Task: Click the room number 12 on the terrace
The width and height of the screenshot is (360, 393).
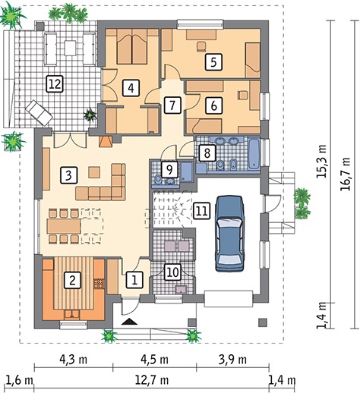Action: tap(55, 84)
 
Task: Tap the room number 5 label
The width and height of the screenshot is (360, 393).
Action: tap(213, 61)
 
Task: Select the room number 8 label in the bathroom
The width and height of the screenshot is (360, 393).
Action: tap(207, 152)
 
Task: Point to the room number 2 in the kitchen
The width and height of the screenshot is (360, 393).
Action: tap(72, 280)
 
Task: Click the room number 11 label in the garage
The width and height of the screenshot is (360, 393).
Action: tap(202, 210)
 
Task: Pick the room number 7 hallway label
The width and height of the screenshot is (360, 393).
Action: tap(173, 105)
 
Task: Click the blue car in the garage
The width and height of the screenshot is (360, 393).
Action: tap(230, 233)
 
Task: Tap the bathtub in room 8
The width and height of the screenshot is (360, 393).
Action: tap(254, 153)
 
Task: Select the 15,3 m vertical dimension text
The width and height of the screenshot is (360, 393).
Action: tap(322, 161)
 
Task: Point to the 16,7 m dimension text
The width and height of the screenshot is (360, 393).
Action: tap(346, 174)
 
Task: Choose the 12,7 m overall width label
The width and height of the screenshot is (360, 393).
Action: tap(152, 380)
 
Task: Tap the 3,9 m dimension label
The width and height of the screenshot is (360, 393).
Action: tap(232, 360)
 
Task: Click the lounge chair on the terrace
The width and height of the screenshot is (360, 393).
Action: tap(39, 113)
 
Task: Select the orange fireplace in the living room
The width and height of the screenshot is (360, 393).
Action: tap(106, 142)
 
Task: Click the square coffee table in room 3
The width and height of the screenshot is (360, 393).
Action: tap(94, 172)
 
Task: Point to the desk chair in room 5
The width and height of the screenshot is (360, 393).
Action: tap(201, 46)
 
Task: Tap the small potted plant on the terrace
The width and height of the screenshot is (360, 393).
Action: tap(90, 115)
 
